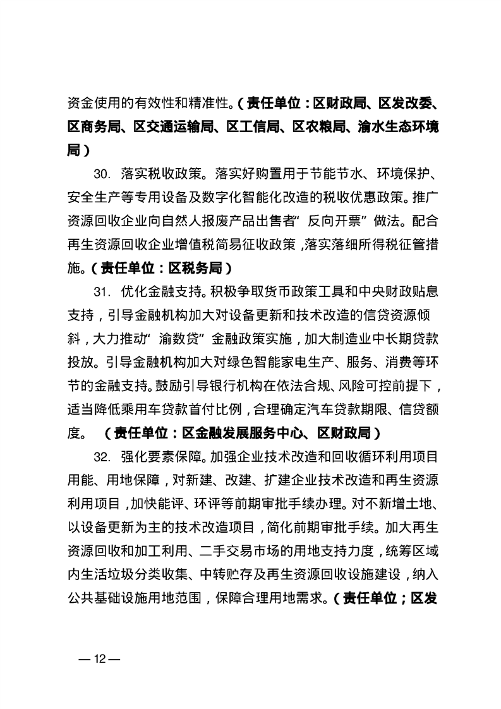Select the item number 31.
[x=102, y=293]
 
